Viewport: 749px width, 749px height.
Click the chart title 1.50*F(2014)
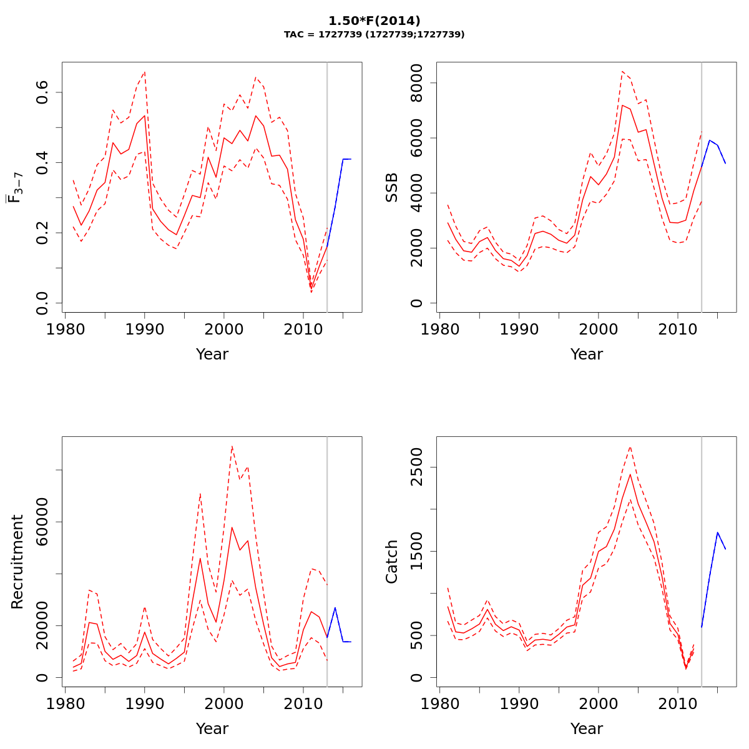pyautogui.click(x=374, y=21)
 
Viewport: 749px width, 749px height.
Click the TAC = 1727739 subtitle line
pyautogui.click(x=374, y=35)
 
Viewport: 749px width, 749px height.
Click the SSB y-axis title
pyautogui.click(x=392, y=187)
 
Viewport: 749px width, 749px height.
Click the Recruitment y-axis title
pyautogui.click(x=17, y=562)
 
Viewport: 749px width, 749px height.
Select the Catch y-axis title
pyautogui.click(x=392, y=562)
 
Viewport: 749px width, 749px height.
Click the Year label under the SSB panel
pyautogui.click(x=587, y=355)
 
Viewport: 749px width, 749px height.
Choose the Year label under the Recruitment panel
pyautogui.click(x=212, y=729)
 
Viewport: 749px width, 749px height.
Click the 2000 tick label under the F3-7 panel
pyautogui.click(x=224, y=329)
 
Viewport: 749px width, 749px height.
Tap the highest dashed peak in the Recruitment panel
pyautogui.click(x=232, y=446)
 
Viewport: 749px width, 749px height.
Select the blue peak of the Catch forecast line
pyautogui.click(x=718, y=532)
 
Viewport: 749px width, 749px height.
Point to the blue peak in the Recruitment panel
pyautogui.click(x=335, y=607)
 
